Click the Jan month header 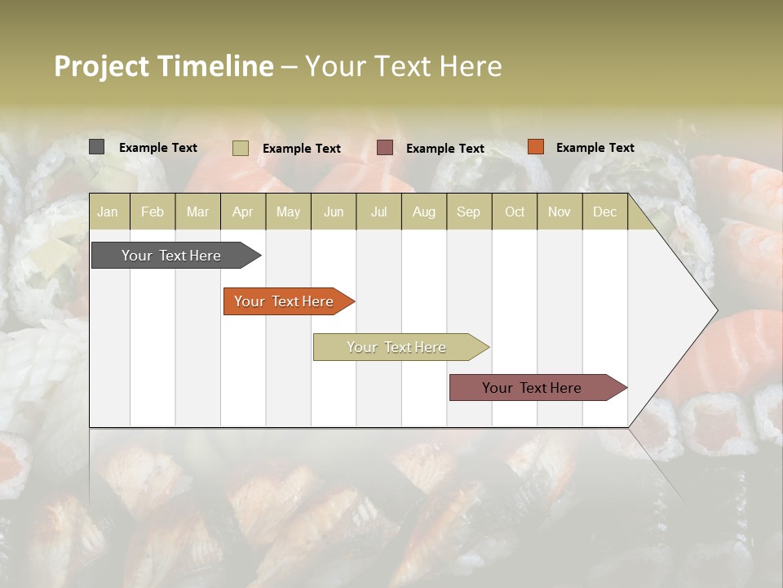[x=108, y=212]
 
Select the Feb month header [x=153, y=212]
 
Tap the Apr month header [x=242, y=212]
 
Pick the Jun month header [x=334, y=212]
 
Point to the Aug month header [x=423, y=212]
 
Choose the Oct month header [x=515, y=212]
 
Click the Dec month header [x=604, y=212]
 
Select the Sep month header [x=468, y=212]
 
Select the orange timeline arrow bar [x=285, y=301]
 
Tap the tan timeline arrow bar [x=397, y=347]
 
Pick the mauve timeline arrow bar [x=533, y=388]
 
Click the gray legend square [x=96, y=147]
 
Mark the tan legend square [x=240, y=148]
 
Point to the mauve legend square [x=385, y=147]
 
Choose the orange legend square [x=535, y=147]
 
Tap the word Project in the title [x=101, y=66]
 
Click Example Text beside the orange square [x=595, y=148]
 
